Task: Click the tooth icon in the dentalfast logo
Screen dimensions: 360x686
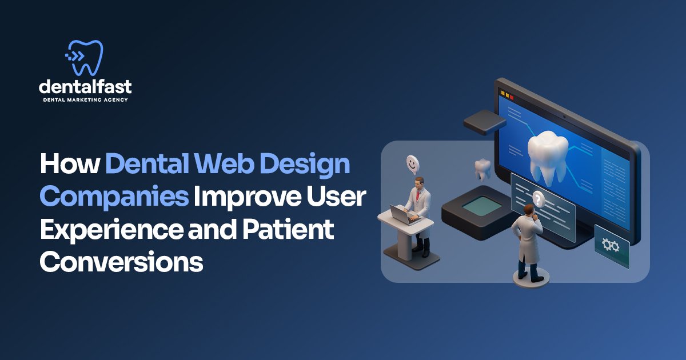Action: tap(86, 58)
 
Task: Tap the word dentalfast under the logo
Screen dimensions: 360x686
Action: tap(86, 87)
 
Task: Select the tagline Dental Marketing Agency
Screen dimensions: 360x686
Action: tap(86, 100)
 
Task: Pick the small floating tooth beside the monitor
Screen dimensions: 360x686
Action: tap(482, 169)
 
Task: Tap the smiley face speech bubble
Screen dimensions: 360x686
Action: tap(413, 163)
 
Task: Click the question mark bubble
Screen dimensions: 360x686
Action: tap(537, 199)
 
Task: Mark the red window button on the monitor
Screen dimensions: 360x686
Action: tap(511, 97)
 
